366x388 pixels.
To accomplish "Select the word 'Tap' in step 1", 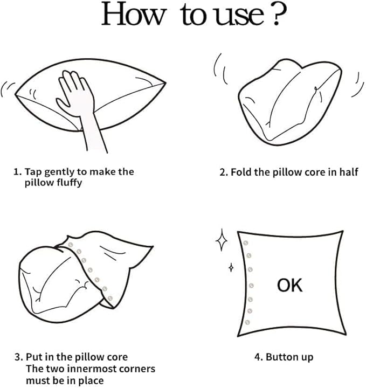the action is [x=33, y=172].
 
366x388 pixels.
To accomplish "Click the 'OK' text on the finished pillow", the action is [x=289, y=285].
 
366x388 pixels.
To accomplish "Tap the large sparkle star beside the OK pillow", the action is [x=222, y=240].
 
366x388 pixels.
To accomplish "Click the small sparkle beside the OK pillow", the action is [x=231, y=267].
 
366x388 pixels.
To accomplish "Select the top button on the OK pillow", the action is [x=245, y=243].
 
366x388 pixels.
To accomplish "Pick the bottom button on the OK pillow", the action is [x=247, y=322].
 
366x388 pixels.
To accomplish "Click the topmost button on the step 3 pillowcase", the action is [x=71, y=245].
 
